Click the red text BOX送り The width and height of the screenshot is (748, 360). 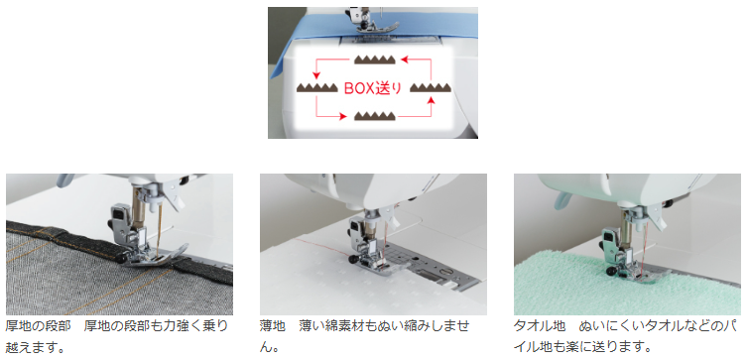[373, 88]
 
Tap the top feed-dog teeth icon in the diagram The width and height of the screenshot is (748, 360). [374, 60]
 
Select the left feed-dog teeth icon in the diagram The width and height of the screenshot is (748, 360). [317, 87]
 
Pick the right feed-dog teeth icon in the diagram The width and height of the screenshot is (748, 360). [431, 87]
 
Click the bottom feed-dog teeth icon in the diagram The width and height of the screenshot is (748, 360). [374, 116]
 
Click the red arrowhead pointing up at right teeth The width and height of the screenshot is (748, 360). [432, 99]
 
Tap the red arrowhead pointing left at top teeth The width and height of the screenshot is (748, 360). [404, 60]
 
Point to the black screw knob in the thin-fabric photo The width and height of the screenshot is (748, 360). [353, 260]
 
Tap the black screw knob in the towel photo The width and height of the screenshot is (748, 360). [610, 272]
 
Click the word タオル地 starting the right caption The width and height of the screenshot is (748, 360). [540, 326]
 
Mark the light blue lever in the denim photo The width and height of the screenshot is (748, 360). [64, 180]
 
